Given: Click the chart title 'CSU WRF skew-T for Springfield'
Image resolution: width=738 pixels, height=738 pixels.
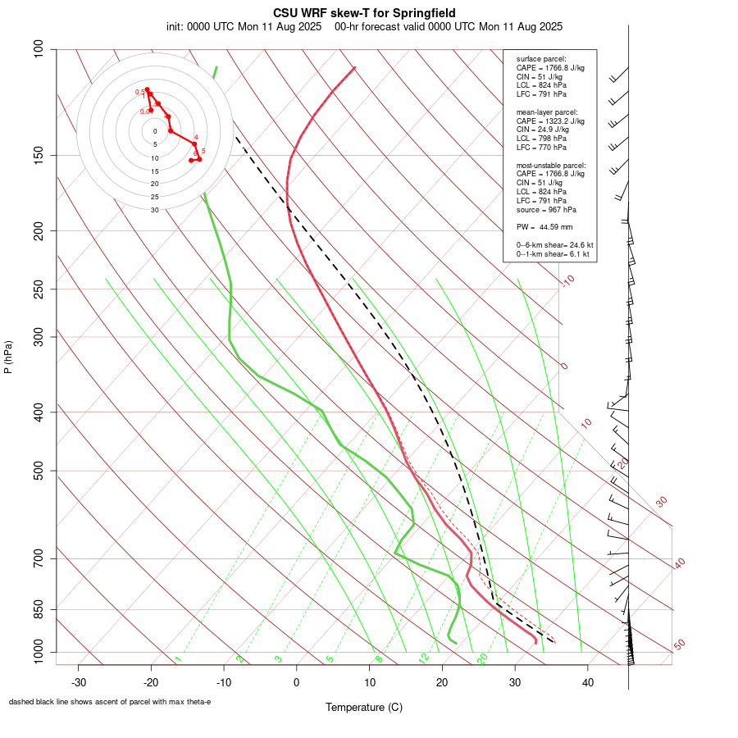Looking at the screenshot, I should click(364, 13).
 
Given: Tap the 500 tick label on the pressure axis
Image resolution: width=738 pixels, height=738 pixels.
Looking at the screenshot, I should click(39, 471).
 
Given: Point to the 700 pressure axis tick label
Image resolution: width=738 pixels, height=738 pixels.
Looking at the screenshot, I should click(39, 558).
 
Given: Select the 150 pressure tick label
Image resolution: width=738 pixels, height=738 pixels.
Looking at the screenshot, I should click(39, 155).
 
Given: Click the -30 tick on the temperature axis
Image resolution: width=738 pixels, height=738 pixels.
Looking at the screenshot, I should click(79, 681).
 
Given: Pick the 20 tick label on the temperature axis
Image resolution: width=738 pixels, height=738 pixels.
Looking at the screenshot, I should click(442, 681).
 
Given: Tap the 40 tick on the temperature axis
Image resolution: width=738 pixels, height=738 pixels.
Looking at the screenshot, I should click(587, 681).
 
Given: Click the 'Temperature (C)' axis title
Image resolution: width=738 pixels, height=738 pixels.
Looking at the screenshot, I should click(364, 707).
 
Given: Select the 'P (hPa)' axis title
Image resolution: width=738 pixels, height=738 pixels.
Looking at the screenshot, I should click(8, 358).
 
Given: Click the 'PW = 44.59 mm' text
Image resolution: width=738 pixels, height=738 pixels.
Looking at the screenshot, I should click(544, 226).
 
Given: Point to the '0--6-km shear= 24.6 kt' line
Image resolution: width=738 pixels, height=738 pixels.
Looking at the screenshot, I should click(554, 245).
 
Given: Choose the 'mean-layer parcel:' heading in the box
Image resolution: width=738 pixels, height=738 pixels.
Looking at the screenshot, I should click(547, 112).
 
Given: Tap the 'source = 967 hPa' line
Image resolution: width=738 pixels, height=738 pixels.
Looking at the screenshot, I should click(544, 210).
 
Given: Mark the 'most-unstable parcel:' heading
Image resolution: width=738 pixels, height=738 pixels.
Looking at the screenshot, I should click(551, 165).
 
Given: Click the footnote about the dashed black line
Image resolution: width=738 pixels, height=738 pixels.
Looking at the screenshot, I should click(110, 702).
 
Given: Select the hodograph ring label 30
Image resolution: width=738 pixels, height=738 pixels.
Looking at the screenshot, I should click(155, 210).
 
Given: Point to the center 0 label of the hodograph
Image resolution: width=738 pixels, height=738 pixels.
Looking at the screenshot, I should click(155, 131).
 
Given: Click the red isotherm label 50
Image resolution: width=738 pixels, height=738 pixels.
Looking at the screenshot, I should click(679, 645).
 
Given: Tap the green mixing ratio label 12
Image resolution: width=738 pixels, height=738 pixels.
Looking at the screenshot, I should click(424, 658).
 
